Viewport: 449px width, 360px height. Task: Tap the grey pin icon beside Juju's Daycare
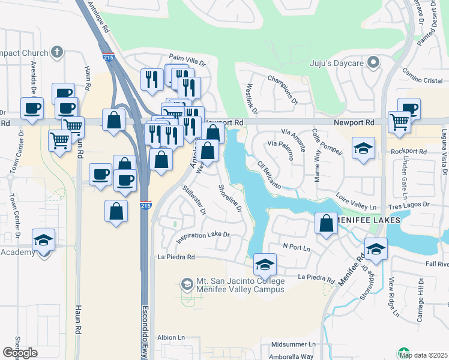(373, 62)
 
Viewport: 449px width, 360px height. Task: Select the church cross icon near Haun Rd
(58, 52)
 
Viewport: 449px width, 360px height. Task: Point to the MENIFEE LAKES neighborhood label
(367, 220)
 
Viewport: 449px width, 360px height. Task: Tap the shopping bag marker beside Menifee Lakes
(325, 224)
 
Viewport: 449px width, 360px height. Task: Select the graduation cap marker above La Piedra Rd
(265, 264)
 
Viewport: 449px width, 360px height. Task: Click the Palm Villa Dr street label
(187, 62)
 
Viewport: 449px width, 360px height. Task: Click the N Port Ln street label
(296, 248)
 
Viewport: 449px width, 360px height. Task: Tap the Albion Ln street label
(172, 337)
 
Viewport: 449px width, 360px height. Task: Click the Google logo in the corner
(20, 353)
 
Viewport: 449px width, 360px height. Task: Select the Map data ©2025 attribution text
(423, 355)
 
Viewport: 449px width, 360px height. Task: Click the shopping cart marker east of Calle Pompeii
(399, 122)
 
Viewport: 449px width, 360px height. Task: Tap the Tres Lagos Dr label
(409, 204)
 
